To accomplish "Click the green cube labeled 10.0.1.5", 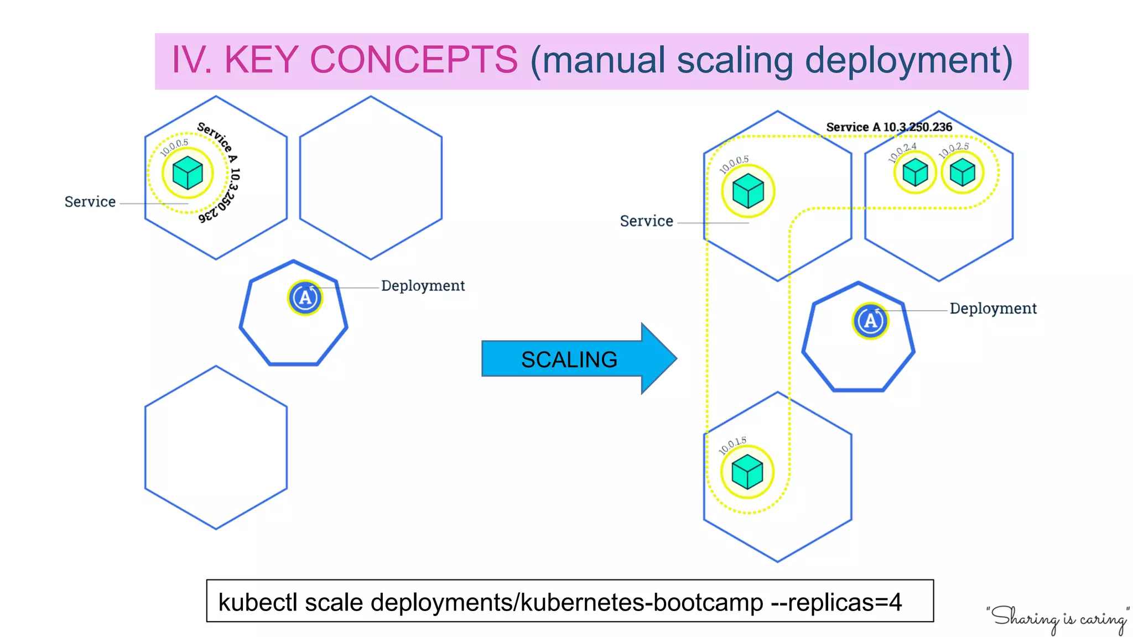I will click(747, 472).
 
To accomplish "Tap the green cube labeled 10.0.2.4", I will click(915, 173).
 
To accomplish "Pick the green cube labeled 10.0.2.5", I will click(962, 173).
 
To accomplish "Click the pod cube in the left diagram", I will click(188, 173).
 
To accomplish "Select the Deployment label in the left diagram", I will click(423, 286).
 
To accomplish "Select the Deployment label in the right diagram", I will click(993, 309).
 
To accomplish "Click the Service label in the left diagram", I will click(90, 202).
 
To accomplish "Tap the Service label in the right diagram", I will click(646, 221).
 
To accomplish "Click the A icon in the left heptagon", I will click(305, 298).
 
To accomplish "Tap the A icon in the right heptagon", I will click(870, 321).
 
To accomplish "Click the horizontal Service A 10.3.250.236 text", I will click(888, 127).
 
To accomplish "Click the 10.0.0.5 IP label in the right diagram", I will click(734, 164).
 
